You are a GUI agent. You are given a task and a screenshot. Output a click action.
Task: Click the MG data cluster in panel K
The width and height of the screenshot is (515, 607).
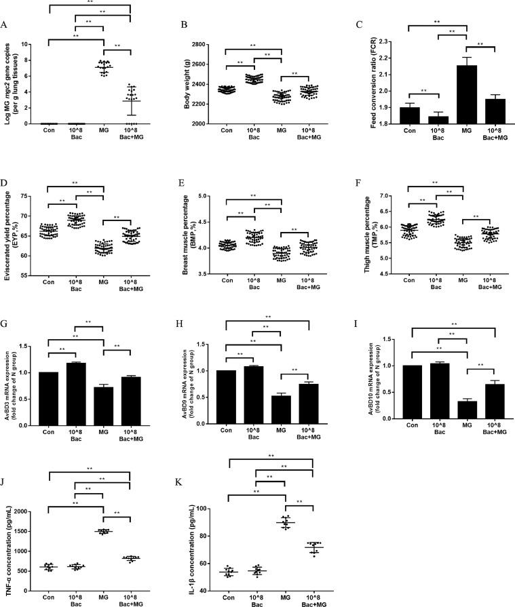tap(286, 522)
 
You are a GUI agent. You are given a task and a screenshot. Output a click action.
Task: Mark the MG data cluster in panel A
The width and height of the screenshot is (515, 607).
tap(104, 67)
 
